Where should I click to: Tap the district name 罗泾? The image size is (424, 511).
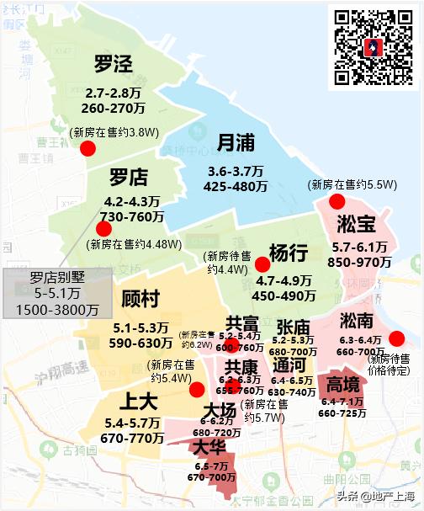[114, 64]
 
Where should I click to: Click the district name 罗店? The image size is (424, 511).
[128, 178]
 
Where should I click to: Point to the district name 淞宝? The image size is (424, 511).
[356, 225]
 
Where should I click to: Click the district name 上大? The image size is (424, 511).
[135, 400]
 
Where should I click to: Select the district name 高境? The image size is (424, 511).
[343, 385]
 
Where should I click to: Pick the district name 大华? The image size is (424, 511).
[210, 446]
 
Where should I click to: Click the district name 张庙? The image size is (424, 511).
[292, 327]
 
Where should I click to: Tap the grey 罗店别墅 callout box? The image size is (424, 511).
[58, 293]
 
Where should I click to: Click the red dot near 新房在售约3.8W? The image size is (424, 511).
[87, 149]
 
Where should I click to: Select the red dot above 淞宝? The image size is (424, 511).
[337, 201]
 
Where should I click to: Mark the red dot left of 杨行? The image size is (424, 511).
[262, 265]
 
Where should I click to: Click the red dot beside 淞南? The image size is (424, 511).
[396, 338]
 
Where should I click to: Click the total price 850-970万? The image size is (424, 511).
[360, 262]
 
